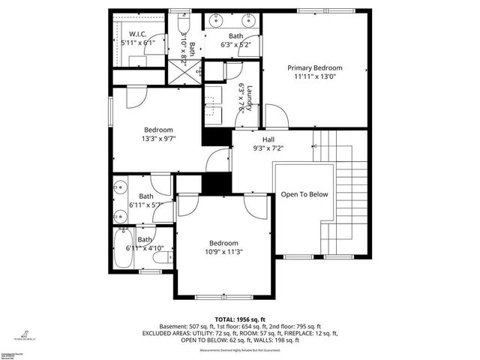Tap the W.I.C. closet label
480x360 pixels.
click(x=137, y=33)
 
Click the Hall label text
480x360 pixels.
click(x=268, y=139)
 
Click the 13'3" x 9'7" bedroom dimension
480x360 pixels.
click(x=157, y=139)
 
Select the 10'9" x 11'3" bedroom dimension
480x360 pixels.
click(x=223, y=252)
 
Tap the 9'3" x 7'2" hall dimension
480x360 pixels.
click(x=268, y=148)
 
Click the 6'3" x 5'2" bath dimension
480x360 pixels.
click(x=235, y=45)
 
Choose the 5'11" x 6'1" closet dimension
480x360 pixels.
click(x=137, y=43)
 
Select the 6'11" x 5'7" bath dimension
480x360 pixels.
click(x=145, y=205)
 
